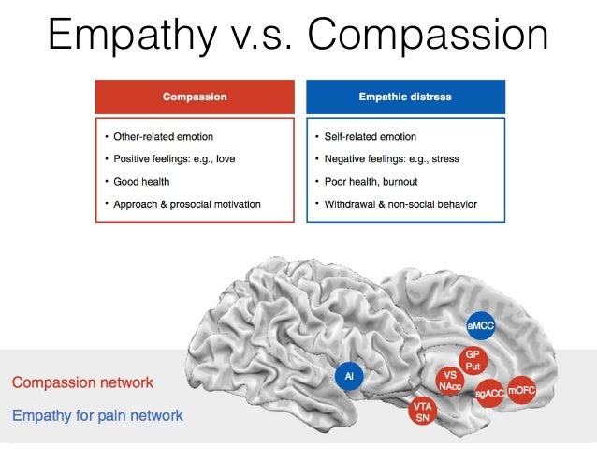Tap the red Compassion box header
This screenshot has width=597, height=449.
[x=195, y=97]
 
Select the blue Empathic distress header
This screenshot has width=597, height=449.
[x=405, y=97]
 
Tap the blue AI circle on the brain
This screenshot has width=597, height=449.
[x=349, y=377]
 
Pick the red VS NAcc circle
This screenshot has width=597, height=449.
[x=449, y=381]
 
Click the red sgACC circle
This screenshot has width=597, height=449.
[x=489, y=394]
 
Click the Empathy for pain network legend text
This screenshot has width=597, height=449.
[x=97, y=415]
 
